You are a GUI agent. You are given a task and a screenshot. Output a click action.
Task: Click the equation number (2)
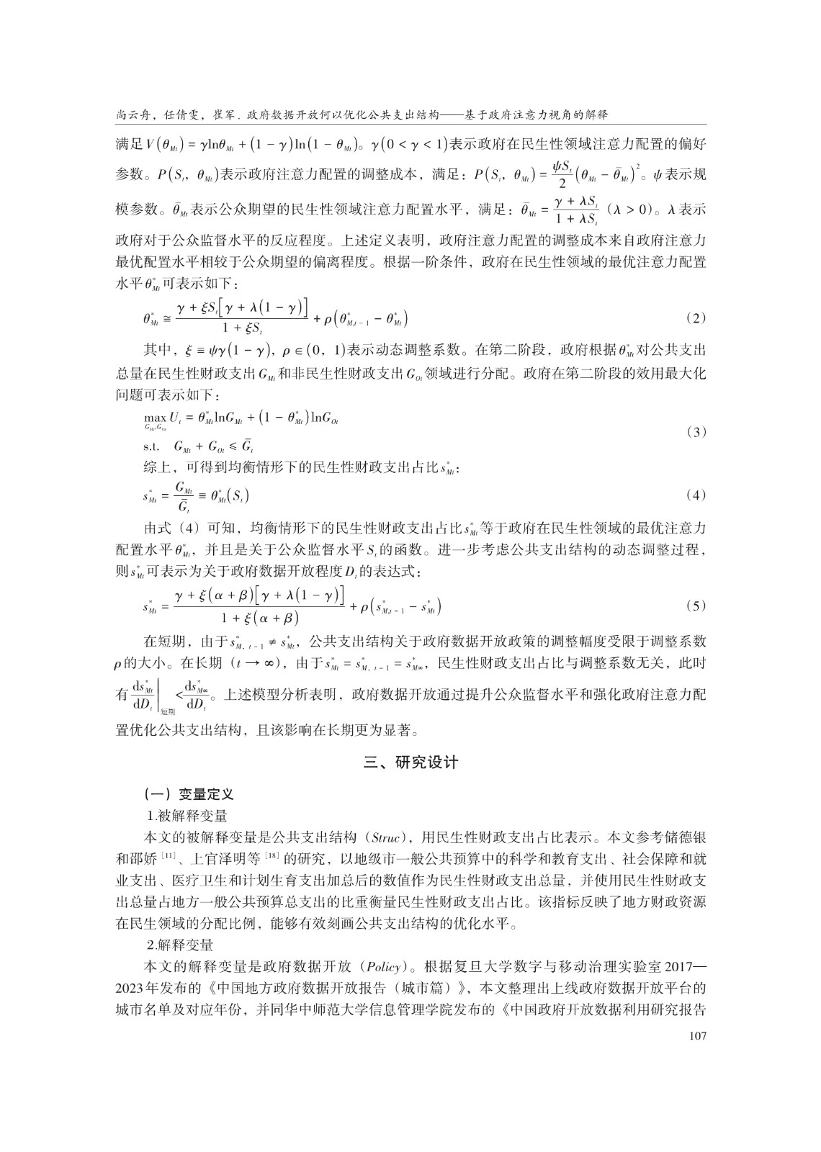[696, 318]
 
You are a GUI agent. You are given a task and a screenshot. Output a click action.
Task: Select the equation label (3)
[696, 431]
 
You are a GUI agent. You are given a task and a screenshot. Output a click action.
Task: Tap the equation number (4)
[696, 495]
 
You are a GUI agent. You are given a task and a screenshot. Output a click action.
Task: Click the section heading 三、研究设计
[410, 763]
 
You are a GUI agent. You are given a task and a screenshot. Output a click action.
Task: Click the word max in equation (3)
[154, 416]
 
